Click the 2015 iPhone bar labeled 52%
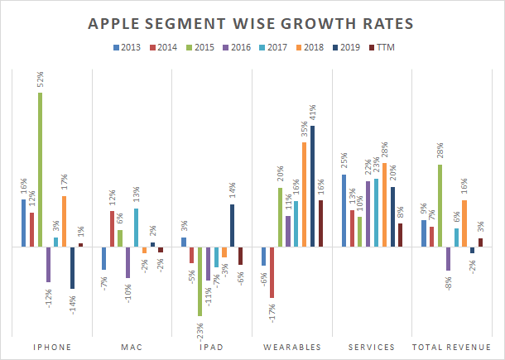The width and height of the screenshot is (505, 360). [40, 170]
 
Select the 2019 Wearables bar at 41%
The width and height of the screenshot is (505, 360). [312, 186]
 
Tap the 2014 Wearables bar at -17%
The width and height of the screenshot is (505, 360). [272, 271]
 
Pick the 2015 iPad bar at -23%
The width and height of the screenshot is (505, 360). [200, 281]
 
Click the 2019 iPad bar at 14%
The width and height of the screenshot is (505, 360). [232, 226]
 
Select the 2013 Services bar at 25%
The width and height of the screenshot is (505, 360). [344, 210]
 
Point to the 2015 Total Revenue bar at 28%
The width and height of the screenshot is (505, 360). [440, 205]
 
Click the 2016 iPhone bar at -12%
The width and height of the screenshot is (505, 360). [48, 264]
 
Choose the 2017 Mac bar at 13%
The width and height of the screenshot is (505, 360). [136, 228]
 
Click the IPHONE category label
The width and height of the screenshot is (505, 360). [51, 347]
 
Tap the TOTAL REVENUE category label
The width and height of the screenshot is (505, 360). [452, 347]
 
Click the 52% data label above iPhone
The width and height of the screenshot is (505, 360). [40, 81]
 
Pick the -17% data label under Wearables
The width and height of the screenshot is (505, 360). [272, 313]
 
